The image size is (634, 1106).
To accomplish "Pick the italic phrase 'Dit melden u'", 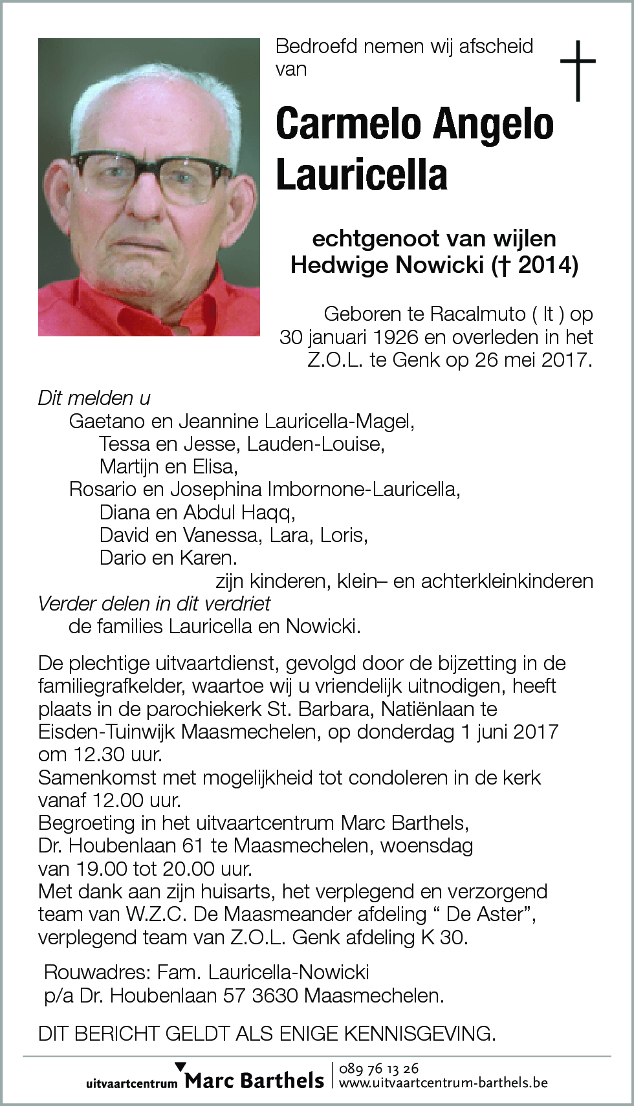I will (x=94, y=398).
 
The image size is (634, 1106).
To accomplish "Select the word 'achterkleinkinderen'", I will (x=507, y=581).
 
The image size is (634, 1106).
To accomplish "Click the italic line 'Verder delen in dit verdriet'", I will (x=154, y=603).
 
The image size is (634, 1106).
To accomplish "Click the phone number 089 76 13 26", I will (x=378, y=1068).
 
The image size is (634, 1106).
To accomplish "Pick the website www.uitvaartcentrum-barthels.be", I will (x=443, y=1082).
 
